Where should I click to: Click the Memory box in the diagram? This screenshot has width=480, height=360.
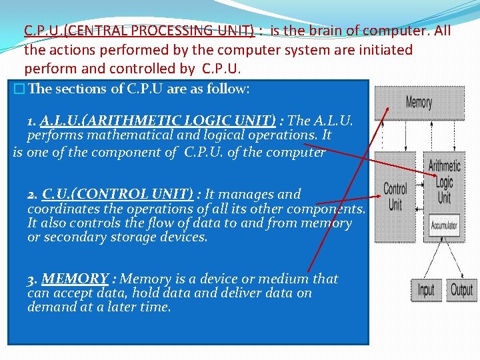point(419,102)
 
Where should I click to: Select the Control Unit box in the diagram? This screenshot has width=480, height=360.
point(395,197)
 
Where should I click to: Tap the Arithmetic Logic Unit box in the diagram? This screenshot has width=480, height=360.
point(444,181)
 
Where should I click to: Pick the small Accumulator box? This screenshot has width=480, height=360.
point(444,226)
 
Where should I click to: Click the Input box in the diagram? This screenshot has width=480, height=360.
point(425,289)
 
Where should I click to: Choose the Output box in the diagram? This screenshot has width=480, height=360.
point(461,289)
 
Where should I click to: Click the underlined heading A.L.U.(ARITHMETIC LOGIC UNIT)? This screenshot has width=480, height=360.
point(158,121)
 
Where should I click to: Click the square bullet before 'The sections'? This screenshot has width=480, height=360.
point(19,89)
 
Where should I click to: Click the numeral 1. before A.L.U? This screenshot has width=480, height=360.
point(32,121)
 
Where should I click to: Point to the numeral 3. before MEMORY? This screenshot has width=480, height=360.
point(32,279)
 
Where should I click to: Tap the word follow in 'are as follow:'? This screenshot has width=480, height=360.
point(225,89)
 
